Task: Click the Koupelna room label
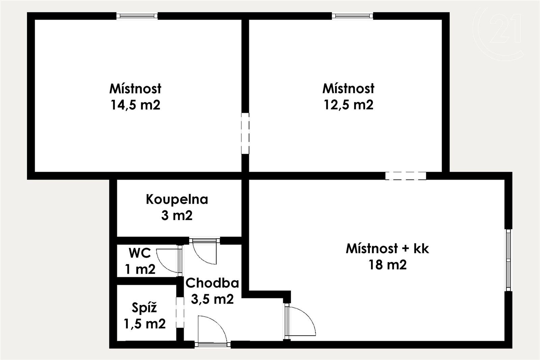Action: [x=177, y=199]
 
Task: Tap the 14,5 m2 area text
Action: [x=135, y=105]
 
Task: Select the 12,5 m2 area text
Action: [x=349, y=105]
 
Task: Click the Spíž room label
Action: [x=144, y=308]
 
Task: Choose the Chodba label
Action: [x=212, y=283]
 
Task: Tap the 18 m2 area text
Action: [x=387, y=265]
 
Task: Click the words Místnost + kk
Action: [x=387, y=249]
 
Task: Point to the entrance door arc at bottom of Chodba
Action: [x=213, y=329]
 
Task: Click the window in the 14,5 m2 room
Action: [x=137, y=16]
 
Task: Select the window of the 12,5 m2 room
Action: [x=352, y=16]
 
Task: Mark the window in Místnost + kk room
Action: [x=508, y=260]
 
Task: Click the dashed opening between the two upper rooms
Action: [x=245, y=133]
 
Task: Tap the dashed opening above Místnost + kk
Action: [x=406, y=176]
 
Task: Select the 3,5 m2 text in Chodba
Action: [x=212, y=299]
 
